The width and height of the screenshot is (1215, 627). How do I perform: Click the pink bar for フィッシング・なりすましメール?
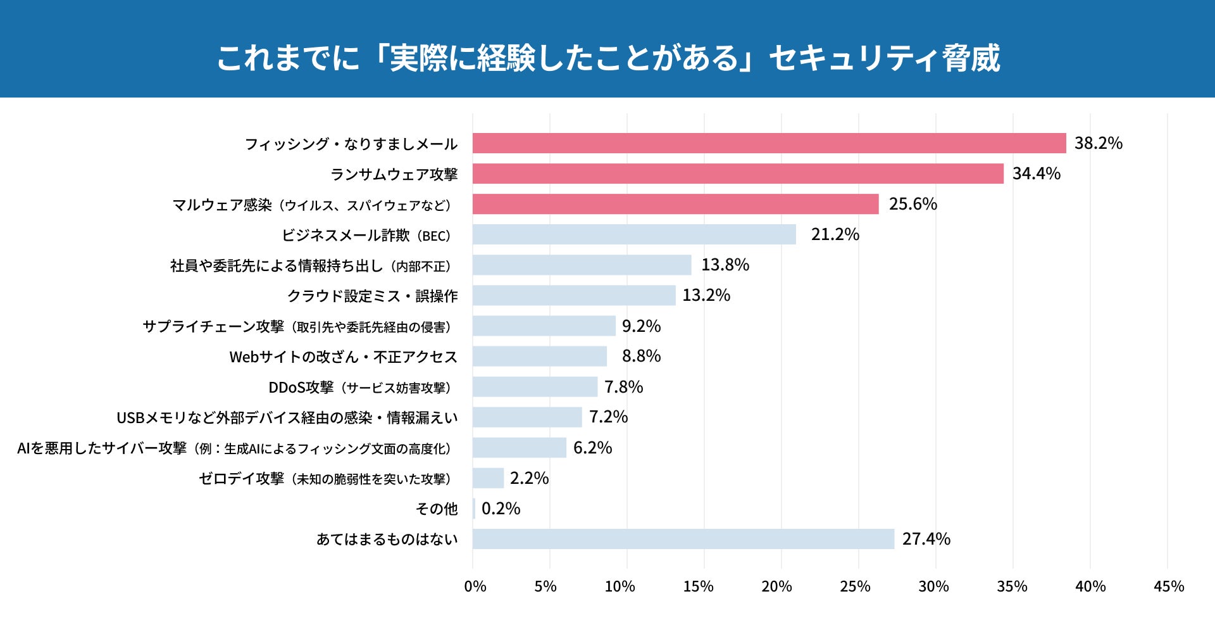click(x=769, y=143)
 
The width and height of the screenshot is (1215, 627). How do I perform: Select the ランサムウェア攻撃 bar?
click(x=738, y=174)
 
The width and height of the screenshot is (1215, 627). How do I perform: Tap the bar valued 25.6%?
click(x=675, y=204)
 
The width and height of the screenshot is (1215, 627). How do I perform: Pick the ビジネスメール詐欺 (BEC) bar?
click(x=634, y=234)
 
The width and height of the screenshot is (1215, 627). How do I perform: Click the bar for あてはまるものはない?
click(x=683, y=539)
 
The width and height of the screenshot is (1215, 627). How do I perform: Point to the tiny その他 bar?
click(x=474, y=509)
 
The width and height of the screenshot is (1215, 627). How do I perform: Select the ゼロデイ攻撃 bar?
click(x=488, y=478)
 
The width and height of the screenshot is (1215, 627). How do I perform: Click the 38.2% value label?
click(x=1098, y=143)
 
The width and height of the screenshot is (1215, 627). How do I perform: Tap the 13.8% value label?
click(x=725, y=265)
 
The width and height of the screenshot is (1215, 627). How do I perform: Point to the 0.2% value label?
click(x=501, y=509)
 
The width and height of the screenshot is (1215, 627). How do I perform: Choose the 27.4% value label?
click(x=926, y=539)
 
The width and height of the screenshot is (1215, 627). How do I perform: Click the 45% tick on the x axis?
click(x=1168, y=586)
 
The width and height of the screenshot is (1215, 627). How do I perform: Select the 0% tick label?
click(x=475, y=586)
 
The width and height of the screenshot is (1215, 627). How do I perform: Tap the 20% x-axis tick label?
click(x=776, y=586)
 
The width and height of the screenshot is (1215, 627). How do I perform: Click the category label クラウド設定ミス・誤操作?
click(x=372, y=296)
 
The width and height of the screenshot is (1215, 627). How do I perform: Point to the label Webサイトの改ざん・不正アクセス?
click(x=343, y=357)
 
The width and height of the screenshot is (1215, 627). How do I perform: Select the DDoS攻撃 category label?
click(x=359, y=387)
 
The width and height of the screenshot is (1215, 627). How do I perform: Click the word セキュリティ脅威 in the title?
click(x=884, y=58)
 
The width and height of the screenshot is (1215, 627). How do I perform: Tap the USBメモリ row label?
click(x=287, y=417)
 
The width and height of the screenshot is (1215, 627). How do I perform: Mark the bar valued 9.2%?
click(x=544, y=326)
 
